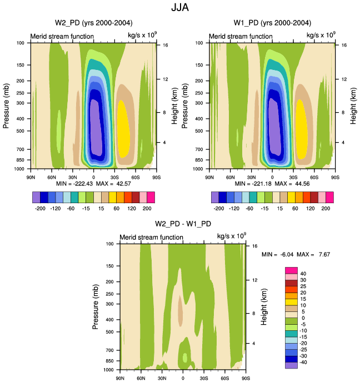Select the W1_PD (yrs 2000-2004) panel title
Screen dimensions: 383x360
coord(272,23)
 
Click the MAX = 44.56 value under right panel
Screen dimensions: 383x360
coord(290,183)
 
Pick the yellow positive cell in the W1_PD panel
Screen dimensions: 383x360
coord(302,131)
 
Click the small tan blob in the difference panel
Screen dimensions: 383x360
coord(181,311)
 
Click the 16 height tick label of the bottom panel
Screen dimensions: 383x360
coord(253,245)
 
